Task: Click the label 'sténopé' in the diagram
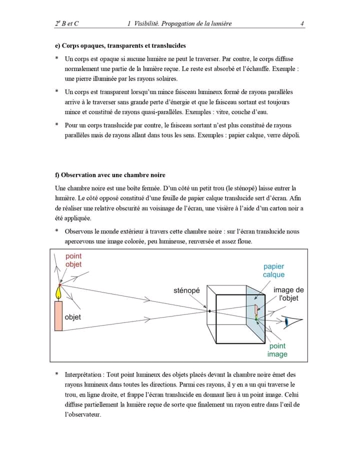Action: pyautogui.click(x=186, y=290)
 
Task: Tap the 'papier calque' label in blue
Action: pyautogui.click(x=273, y=270)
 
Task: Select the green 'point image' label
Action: pyautogui.click(x=277, y=350)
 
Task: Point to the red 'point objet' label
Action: pyautogui.click(x=73, y=260)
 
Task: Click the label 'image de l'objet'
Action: pyautogui.click(x=288, y=294)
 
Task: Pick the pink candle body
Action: pyautogui.click(x=58, y=316)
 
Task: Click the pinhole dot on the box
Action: pyautogui.click(x=209, y=311)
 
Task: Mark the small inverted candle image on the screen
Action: pyautogui.click(x=256, y=311)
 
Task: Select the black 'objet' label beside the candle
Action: pyautogui.click(x=73, y=317)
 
